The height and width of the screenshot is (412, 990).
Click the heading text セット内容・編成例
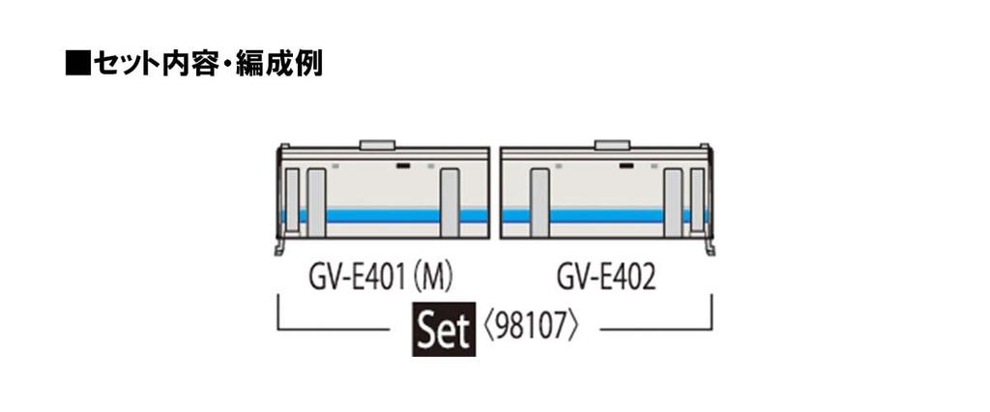click(x=208, y=66)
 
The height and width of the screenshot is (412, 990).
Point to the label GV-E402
click(x=607, y=280)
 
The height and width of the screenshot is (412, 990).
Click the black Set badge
click(x=444, y=331)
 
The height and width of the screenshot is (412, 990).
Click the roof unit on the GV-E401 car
click(x=379, y=145)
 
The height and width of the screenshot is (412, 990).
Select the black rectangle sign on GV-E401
click(x=401, y=166)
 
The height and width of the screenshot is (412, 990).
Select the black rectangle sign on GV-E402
click(x=627, y=166)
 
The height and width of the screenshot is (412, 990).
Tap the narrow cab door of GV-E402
click(x=697, y=200)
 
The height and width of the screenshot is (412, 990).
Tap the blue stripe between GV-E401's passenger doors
click(x=383, y=215)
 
